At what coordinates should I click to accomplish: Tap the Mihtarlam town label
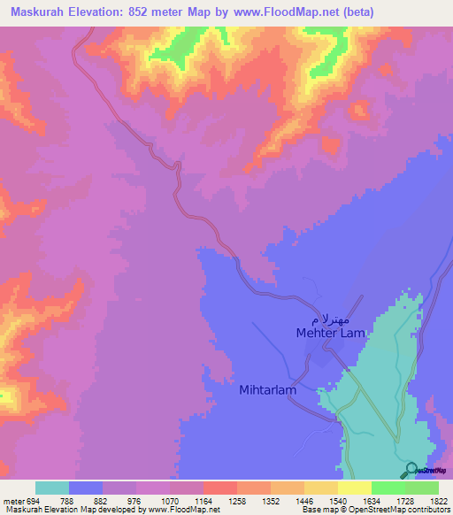[266, 388]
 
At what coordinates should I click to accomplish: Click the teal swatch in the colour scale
[52, 488]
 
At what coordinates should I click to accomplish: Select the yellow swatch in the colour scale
[355, 488]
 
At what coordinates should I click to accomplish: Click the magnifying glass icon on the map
[411, 470]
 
